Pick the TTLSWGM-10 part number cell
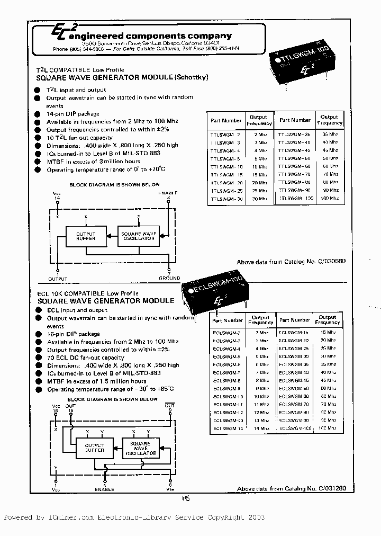(226, 166)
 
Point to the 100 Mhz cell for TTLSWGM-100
(329, 198)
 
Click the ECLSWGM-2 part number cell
(226, 332)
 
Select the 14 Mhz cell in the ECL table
(261, 428)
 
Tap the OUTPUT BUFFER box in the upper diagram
(86, 237)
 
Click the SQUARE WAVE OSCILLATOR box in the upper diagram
(139, 237)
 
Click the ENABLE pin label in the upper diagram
(167, 192)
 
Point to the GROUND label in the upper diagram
(169, 278)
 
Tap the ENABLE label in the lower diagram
(104, 489)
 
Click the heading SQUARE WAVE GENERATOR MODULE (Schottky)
(122, 77)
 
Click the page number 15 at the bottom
(185, 498)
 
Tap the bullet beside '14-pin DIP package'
(37, 114)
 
